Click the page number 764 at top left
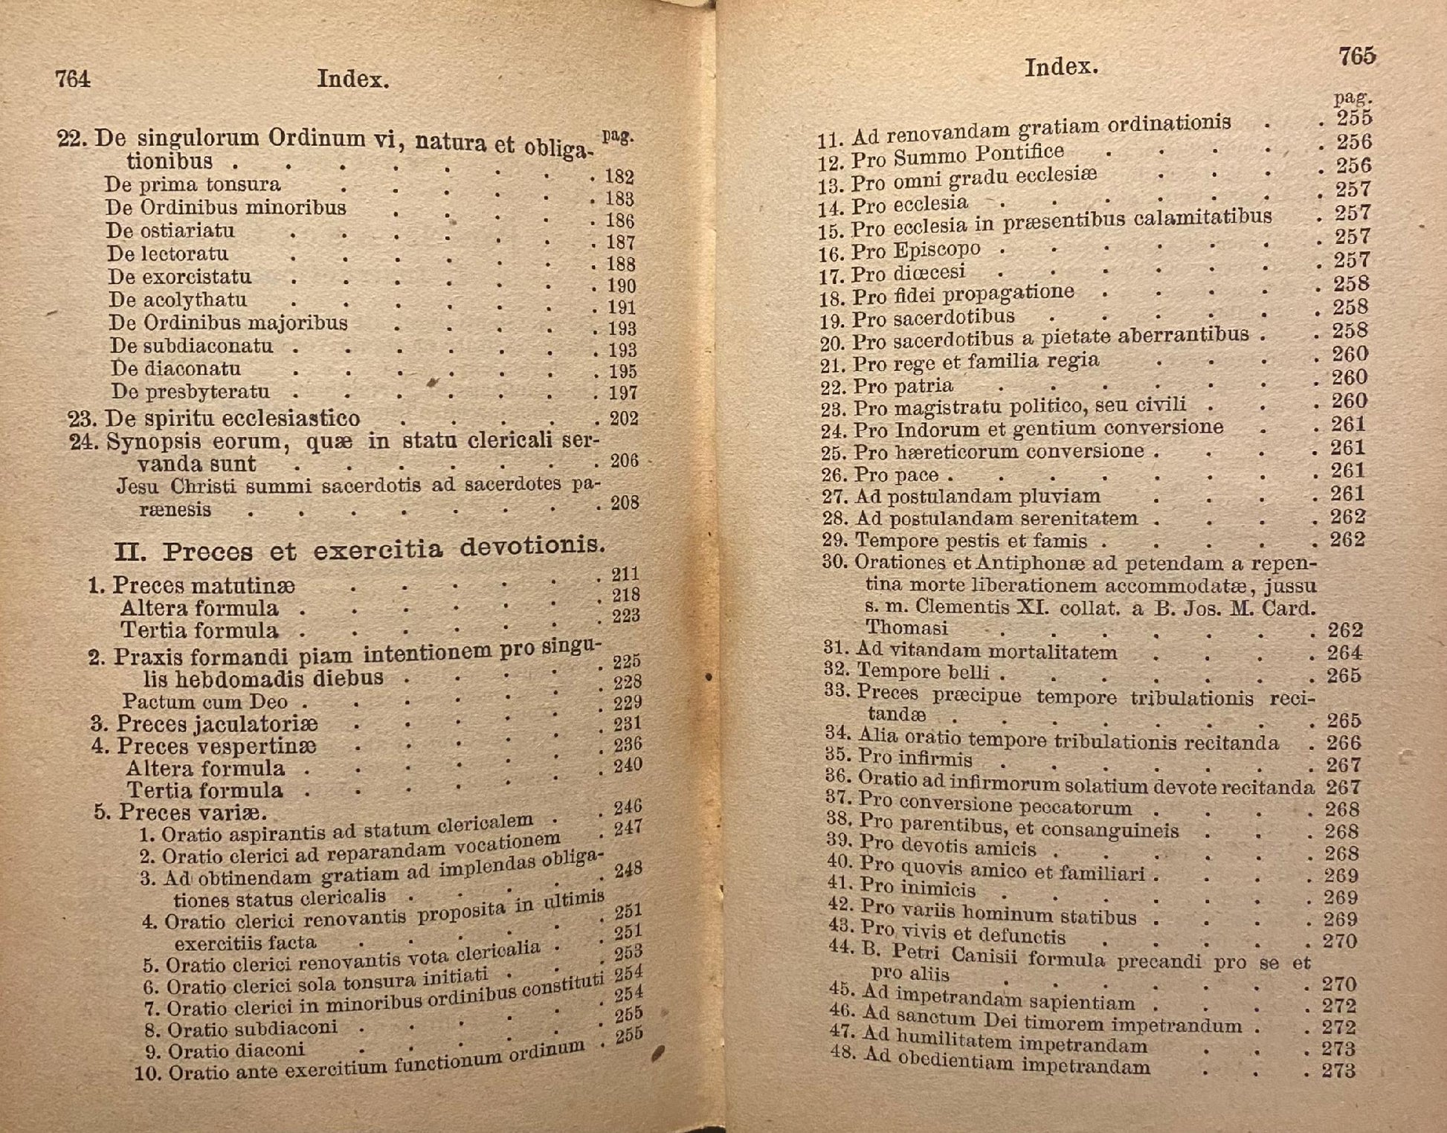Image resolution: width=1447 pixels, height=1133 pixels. pos(73,79)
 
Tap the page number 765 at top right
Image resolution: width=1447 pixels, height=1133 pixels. pos(1356,57)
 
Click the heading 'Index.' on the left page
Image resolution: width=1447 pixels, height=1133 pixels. pos(352,80)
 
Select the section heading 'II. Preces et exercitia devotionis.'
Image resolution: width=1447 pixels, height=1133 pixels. pos(360,549)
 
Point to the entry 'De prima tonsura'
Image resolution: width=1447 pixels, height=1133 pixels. pos(193,184)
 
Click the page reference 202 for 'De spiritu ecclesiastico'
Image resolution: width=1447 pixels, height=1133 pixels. pos(624,419)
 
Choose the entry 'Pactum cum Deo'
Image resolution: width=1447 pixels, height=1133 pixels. pos(204,701)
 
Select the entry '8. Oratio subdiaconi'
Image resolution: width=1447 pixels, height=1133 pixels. pos(242,1030)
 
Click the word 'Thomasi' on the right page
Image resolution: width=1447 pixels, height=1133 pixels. pos(907,627)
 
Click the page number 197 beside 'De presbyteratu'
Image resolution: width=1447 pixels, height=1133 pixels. pos(622,393)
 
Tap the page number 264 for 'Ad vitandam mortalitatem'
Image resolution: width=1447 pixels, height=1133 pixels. pos(1344,653)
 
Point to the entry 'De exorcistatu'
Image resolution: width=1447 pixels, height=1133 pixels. pos(179,277)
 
